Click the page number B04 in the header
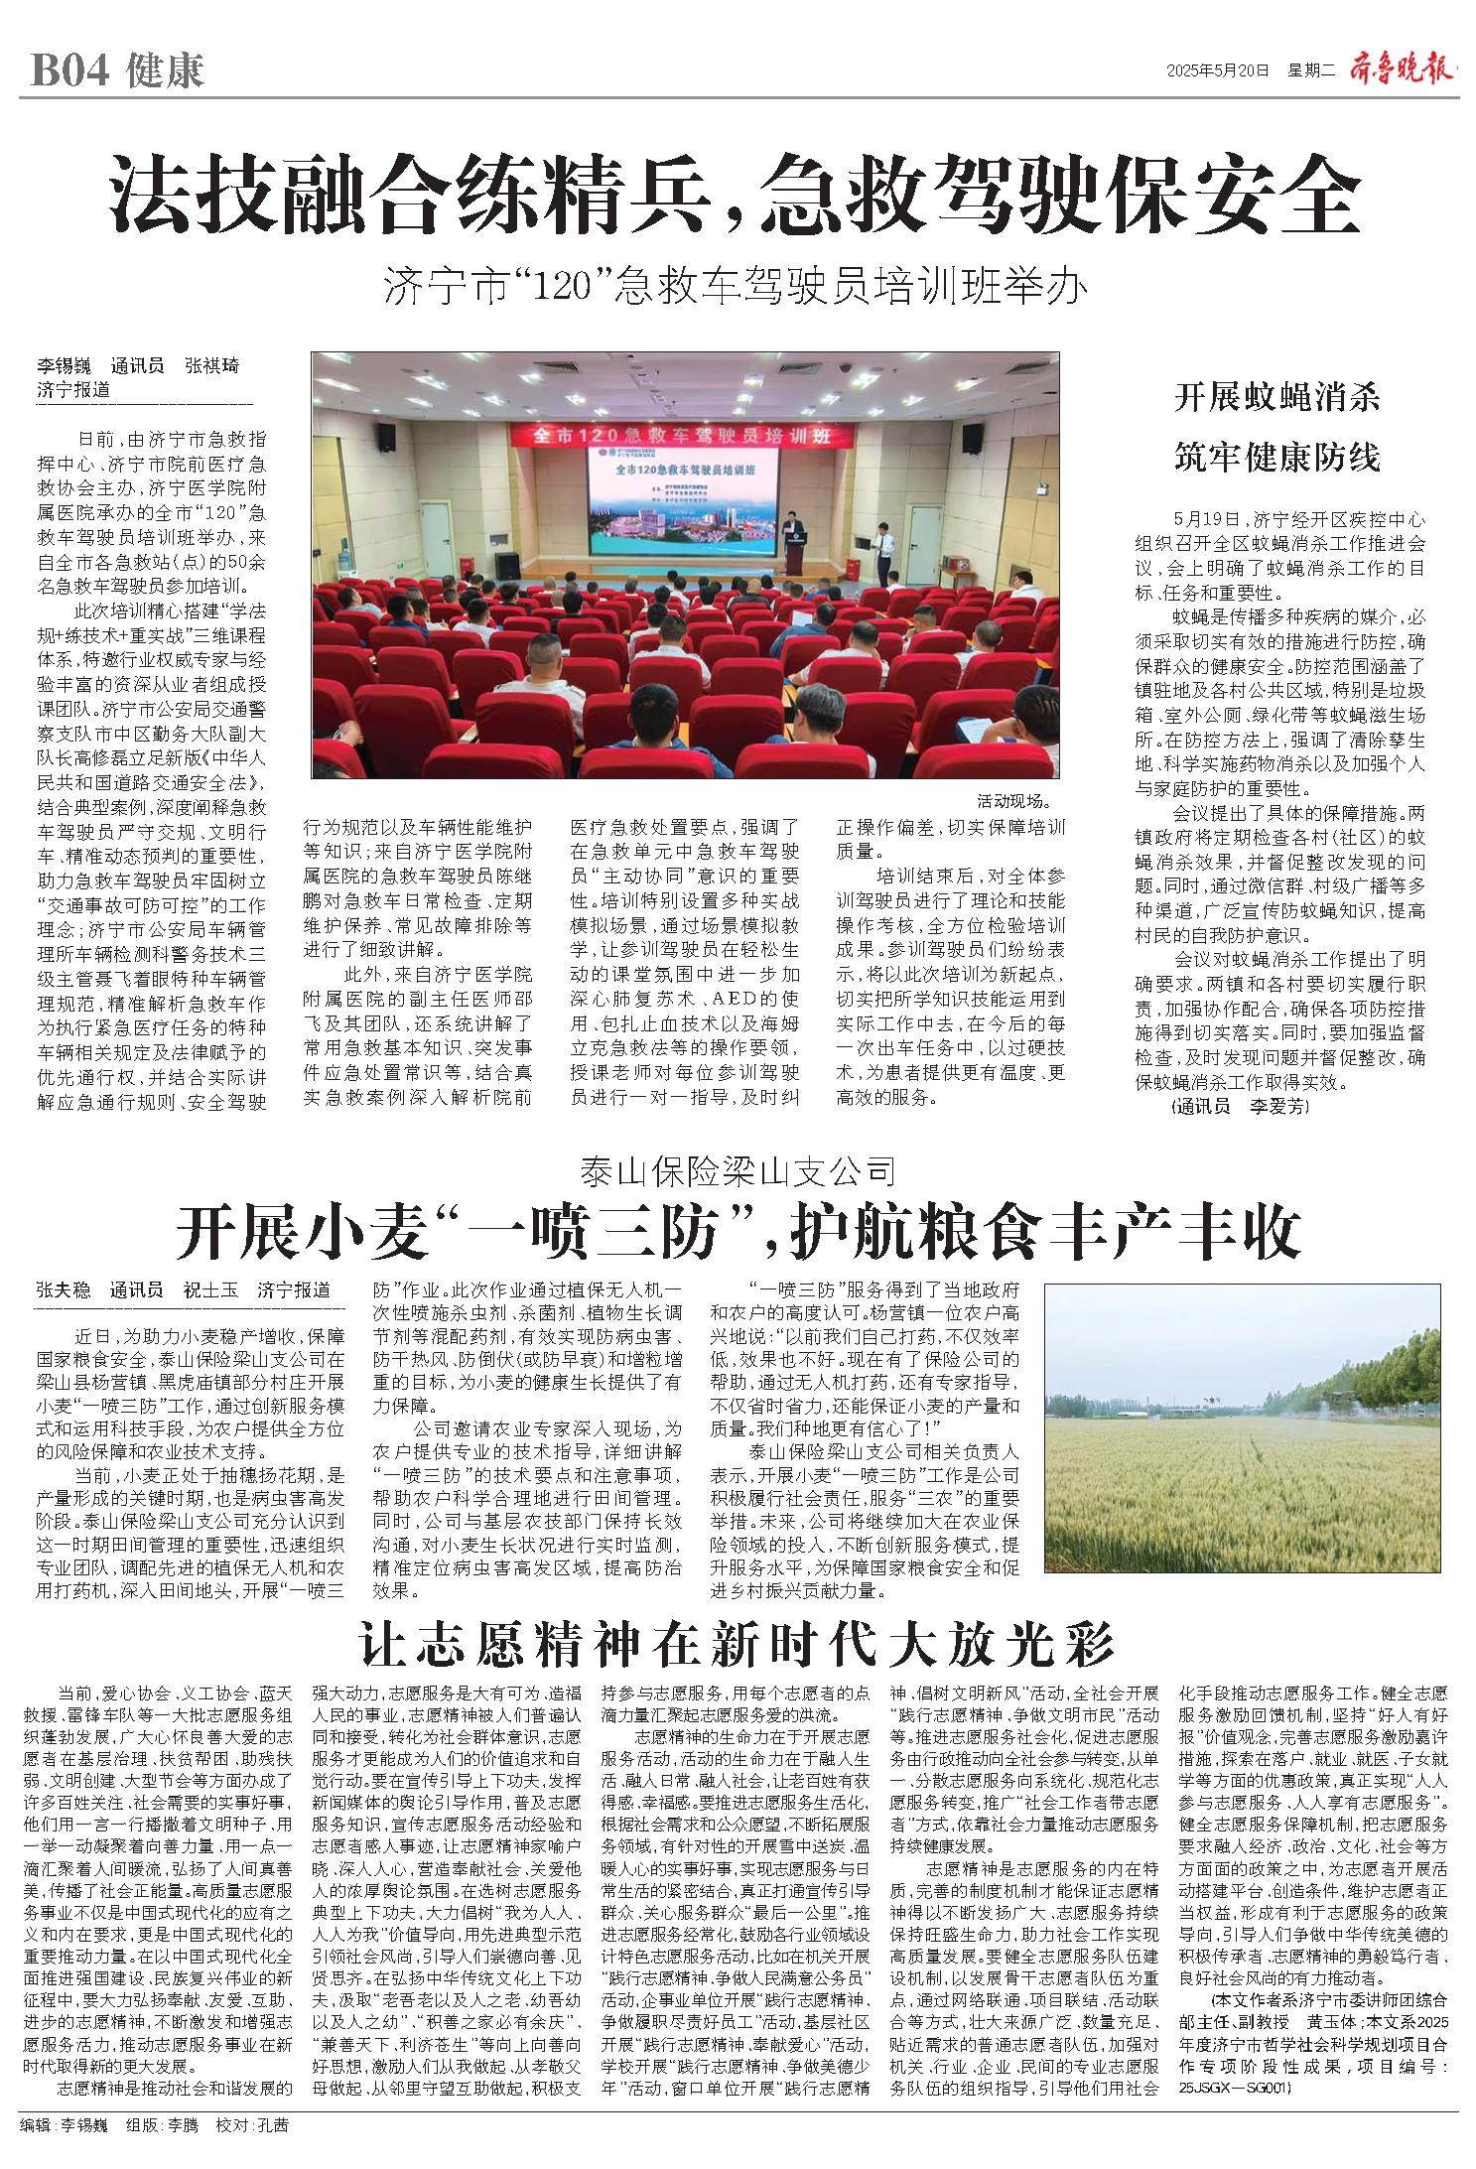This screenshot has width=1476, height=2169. tap(67, 71)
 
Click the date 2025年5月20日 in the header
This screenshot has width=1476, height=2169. tap(1218, 70)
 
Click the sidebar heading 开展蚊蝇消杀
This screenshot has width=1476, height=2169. tap(1277, 399)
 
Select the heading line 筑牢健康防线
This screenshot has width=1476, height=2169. tap(1277, 458)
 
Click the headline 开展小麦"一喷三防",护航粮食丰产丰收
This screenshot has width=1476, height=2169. tap(738, 1232)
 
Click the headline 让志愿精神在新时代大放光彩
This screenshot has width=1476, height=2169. tap(737, 1645)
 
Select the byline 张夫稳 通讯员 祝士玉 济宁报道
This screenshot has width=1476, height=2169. tap(184, 1290)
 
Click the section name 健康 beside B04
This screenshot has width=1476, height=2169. tap(166, 71)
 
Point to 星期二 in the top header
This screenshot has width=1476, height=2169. tap(1313, 70)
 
